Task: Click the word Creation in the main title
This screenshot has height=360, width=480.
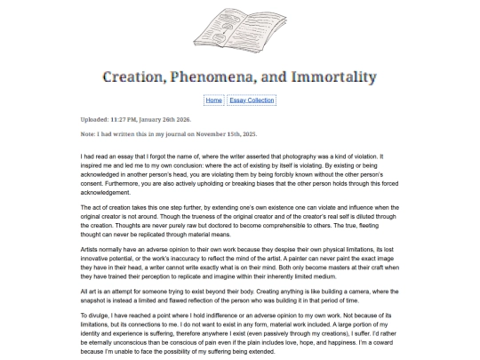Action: pyautogui.click(x=142, y=76)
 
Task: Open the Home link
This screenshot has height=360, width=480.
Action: pyautogui.click(x=213, y=100)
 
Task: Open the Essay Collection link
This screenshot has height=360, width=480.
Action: pyautogui.click(x=252, y=100)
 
